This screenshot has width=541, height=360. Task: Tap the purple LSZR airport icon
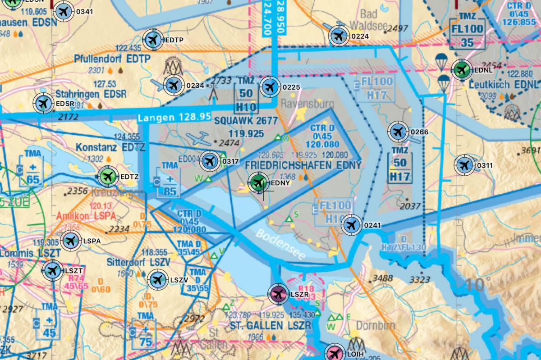click(x=278, y=295)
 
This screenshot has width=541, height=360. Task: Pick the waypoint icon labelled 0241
click(x=351, y=225)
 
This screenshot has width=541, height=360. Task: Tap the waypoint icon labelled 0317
click(x=210, y=161)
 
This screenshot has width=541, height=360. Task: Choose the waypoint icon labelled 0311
click(x=464, y=165)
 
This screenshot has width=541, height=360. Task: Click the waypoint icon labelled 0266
click(x=398, y=132)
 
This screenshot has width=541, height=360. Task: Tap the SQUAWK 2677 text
click(x=246, y=121)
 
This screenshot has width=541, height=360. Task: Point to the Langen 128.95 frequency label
click(x=174, y=117)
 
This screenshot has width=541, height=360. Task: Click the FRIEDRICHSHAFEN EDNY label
click(x=303, y=165)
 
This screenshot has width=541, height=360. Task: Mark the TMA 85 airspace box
click(x=169, y=179)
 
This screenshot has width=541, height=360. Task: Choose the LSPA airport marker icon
click(x=70, y=241)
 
